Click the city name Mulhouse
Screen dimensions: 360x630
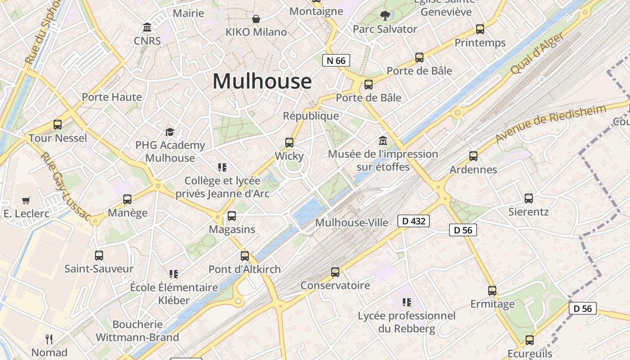click(x=262, y=81)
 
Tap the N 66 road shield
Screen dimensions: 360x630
click(x=336, y=60)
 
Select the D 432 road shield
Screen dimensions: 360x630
click(x=414, y=221)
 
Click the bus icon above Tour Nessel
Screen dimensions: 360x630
click(x=58, y=125)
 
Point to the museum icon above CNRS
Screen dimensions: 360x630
click(x=147, y=27)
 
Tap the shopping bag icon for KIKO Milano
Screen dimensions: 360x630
click(x=256, y=19)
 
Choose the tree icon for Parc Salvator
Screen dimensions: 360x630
click(x=385, y=16)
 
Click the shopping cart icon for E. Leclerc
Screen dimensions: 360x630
click(x=26, y=201)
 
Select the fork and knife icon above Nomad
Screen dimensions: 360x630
click(x=49, y=339)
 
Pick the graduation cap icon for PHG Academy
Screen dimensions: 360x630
click(x=170, y=132)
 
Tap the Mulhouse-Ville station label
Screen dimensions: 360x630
click(x=351, y=223)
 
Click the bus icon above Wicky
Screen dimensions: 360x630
click(x=289, y=143)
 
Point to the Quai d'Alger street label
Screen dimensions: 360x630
click(x=537, y=54)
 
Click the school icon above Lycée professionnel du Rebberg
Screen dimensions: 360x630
click(x=407, y=302)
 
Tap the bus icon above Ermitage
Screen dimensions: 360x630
click(x=492, y=291)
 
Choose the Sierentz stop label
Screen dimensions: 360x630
click(x=528, y=211)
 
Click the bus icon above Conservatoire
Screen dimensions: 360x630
click(x=335, y=272)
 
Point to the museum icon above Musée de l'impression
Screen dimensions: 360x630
click(x=383, y=140)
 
